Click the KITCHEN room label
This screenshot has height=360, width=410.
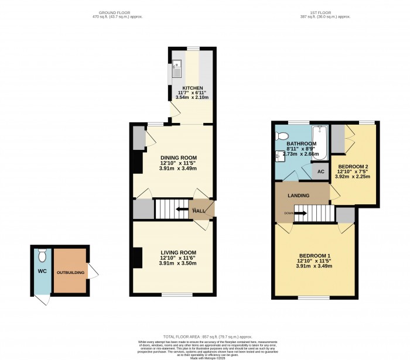click(x=192, y=88)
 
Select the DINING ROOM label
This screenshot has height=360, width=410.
click(x=179, y=157)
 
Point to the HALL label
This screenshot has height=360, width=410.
click(x=200, y=211)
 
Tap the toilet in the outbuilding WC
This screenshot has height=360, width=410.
click(x=41, y=256)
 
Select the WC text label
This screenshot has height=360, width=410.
click(x=42, y=272)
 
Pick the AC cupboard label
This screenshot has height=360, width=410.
click(x=320, y=172)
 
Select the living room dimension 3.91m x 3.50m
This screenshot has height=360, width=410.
click(x=179, y=264)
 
